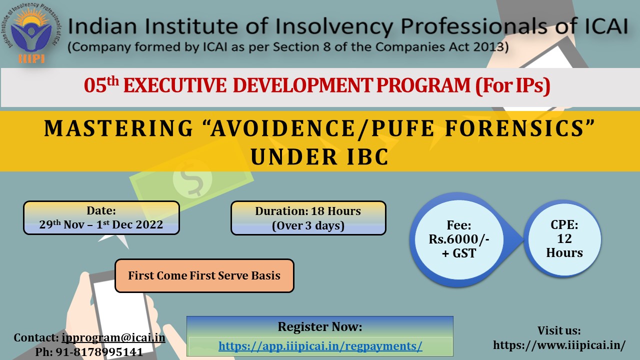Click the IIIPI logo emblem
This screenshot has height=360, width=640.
(31, 33)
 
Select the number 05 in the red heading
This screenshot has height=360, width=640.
(95, 85)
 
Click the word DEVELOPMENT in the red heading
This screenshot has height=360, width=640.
(303, 85)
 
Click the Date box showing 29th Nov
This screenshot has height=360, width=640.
(101, 217)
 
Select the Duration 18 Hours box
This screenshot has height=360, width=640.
(308, 218)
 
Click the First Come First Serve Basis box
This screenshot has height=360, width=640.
(204, 275)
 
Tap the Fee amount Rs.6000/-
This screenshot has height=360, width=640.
(459, 239)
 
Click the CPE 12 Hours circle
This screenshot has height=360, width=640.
(564, 238)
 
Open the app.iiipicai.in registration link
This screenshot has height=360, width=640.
(320, 346)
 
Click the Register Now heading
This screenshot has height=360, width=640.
(320, 326)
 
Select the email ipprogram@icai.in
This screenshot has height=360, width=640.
(113, 338)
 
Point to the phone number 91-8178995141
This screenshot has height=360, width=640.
(99, 352)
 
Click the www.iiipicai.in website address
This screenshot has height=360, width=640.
(559, 345)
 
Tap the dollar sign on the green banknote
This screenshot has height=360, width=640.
(192, 179)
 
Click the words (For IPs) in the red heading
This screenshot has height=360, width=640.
(513, 85)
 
